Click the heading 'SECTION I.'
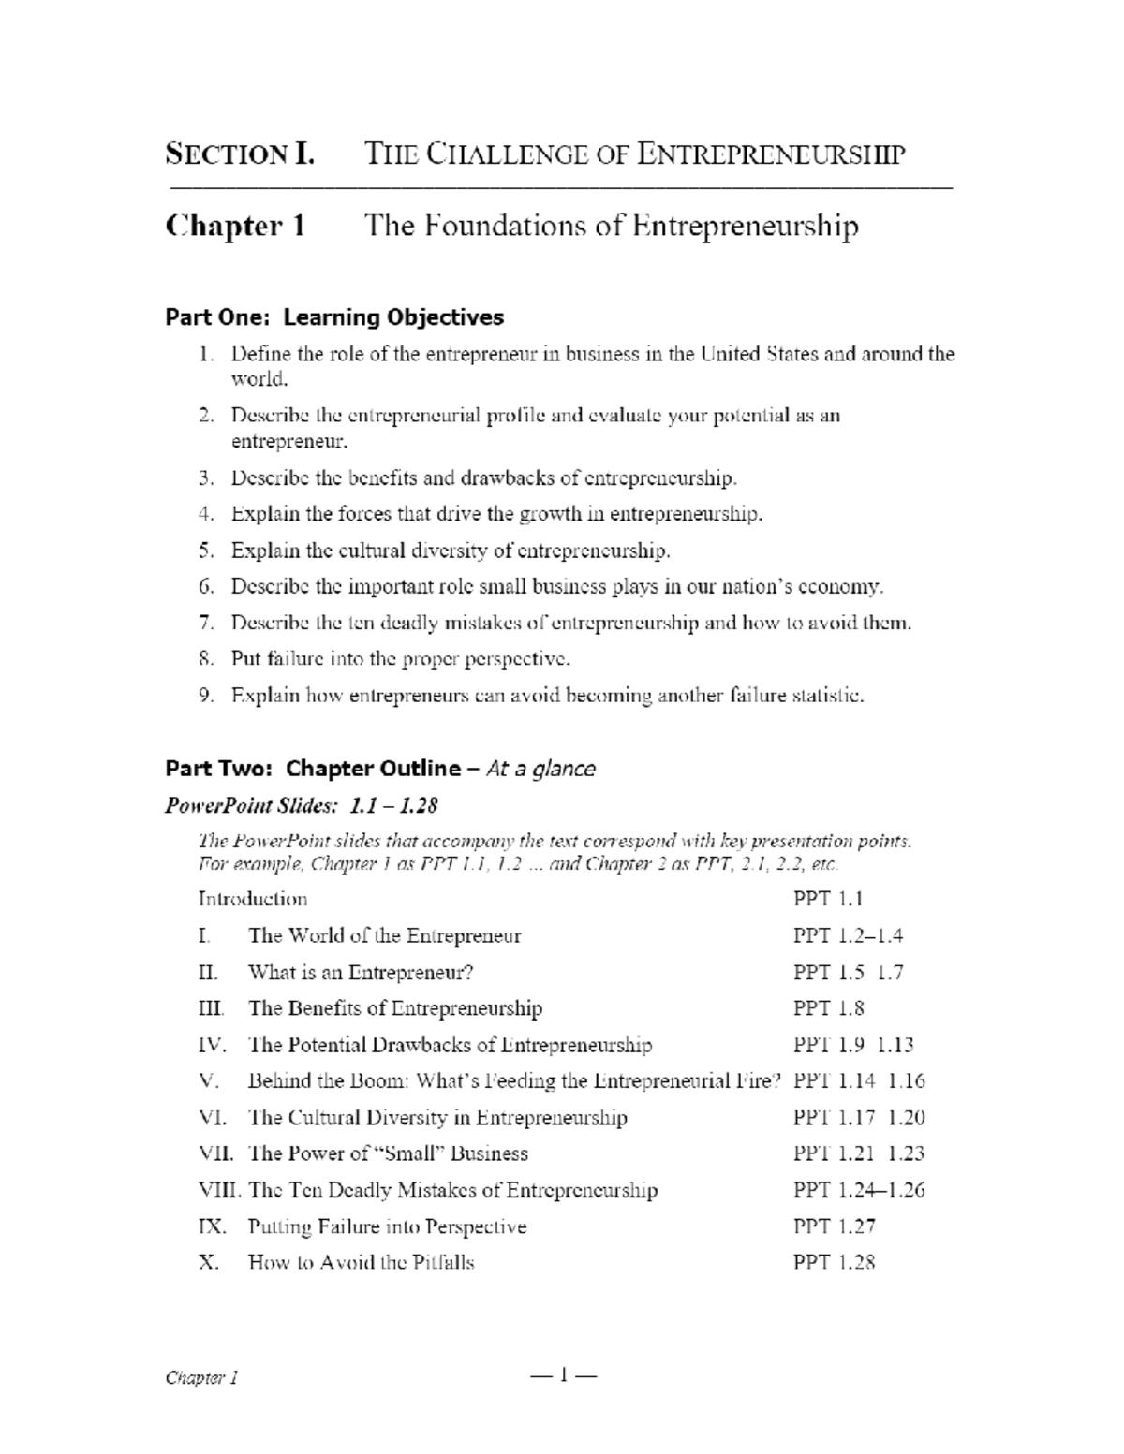point(240,154)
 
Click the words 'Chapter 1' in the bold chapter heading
point(235,227)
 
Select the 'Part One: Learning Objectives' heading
point(334,317)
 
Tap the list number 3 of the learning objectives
point(206,478)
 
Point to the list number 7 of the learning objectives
point(206,623)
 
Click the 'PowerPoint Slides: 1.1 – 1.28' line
point(302,805)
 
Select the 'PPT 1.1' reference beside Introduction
point(828,899)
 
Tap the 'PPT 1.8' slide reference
point(828,1008)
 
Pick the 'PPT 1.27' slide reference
point(834,1226)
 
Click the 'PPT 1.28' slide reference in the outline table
point(834,1263)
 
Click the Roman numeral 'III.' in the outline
point(212,1008)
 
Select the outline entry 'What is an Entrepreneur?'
point(361,972)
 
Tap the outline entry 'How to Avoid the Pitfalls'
point(361,1263)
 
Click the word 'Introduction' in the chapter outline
point(253,899)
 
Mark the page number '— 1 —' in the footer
point(563,1375)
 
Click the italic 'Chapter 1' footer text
point(201,1377)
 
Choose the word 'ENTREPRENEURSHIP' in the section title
point(771,154)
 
